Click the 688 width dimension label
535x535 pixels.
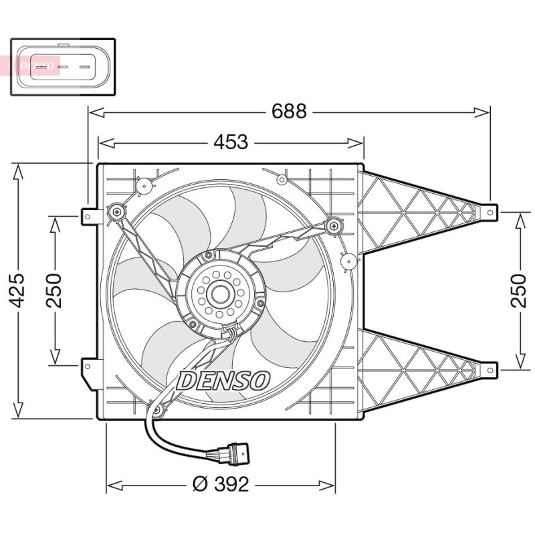pos(289,111)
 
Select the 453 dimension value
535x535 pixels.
pos(231,142)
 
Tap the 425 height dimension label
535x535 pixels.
pos(16,290)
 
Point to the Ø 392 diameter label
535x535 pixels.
pos(221,484)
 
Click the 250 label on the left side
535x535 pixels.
pos(54,290)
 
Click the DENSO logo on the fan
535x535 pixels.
pos(223,381)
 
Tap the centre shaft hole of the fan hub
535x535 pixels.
pos(221,294)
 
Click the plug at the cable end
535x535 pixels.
pos(235,454)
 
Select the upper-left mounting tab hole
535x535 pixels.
pos(88,217)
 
